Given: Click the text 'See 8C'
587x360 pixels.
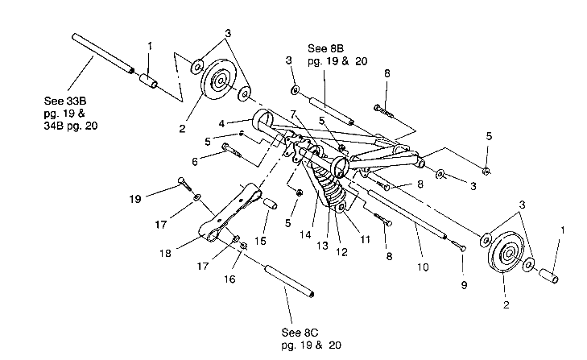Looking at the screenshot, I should pos(301,333).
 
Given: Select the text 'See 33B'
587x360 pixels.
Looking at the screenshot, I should pos(64,102).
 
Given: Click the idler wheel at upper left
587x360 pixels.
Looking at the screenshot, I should pos(217,83).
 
